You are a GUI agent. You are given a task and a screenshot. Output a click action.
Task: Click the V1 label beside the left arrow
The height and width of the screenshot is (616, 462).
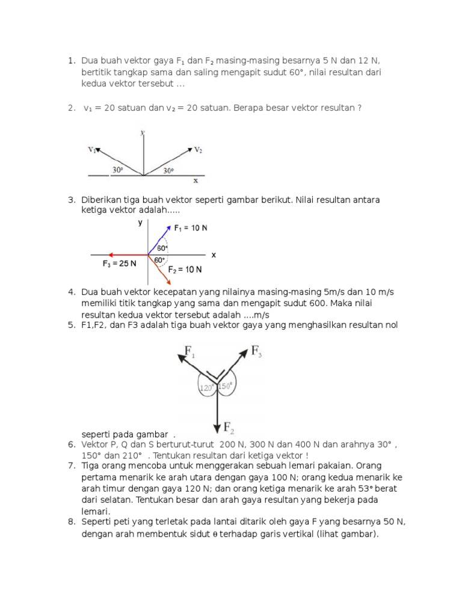click(93, 150)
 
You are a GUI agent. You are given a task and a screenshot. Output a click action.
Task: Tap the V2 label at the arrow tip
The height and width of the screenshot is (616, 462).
click(199, 149)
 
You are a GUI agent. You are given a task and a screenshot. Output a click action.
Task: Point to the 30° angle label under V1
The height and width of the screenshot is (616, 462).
click(118, 170)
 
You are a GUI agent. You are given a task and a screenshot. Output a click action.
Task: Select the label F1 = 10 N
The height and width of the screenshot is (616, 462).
click(191, 228)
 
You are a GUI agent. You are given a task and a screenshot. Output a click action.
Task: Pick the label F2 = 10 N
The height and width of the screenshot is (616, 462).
click(185, 269)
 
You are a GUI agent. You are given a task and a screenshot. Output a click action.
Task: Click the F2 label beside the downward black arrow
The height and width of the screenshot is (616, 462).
click(229, 428)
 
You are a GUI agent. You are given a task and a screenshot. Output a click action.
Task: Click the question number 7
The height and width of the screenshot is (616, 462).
click(70, 466)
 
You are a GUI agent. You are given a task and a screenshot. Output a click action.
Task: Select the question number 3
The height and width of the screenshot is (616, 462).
click(70, 199)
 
